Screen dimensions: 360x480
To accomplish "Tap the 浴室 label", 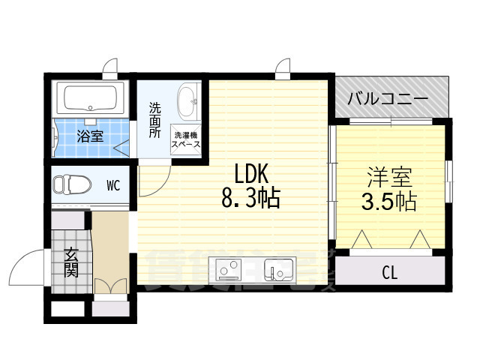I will [x=91, y=136].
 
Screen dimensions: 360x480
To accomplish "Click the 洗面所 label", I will [x=154, y=119].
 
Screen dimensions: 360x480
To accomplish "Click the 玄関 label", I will [x=71, y=262].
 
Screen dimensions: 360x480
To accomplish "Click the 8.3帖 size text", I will [x=250, y=199].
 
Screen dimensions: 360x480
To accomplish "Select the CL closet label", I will [x=389, y=271].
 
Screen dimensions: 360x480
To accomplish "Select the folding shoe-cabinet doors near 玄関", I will [x=109, y=287].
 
